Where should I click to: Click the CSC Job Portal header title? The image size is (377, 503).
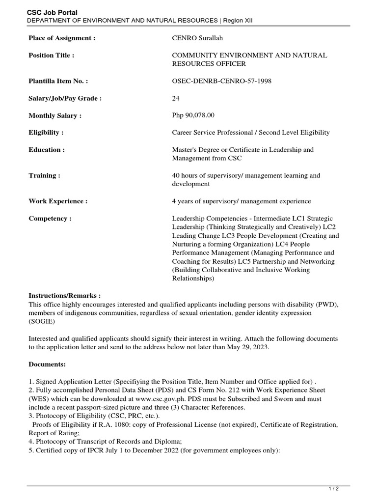[x=52, y=12]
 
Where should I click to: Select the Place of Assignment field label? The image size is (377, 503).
[x=62, y=38]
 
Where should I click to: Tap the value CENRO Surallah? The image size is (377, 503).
[x=194, y=38]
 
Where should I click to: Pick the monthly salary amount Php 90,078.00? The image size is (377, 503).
[x=193, y=115]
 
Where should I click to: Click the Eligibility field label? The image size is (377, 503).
[x=46, y=133]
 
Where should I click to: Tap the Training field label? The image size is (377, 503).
[x=45, y=175]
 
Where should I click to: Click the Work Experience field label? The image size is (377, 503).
[x=58, y=201]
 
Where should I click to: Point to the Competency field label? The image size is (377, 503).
[x=50, y=219]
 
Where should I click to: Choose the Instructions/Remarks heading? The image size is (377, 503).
[x=65, y=296]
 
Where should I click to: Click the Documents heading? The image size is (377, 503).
[x=47, y=364]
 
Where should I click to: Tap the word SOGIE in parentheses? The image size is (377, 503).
[x=42, y=321]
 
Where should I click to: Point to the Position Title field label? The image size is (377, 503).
[x=52, y=56]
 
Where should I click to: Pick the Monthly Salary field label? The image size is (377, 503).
[x=55, y=115]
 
